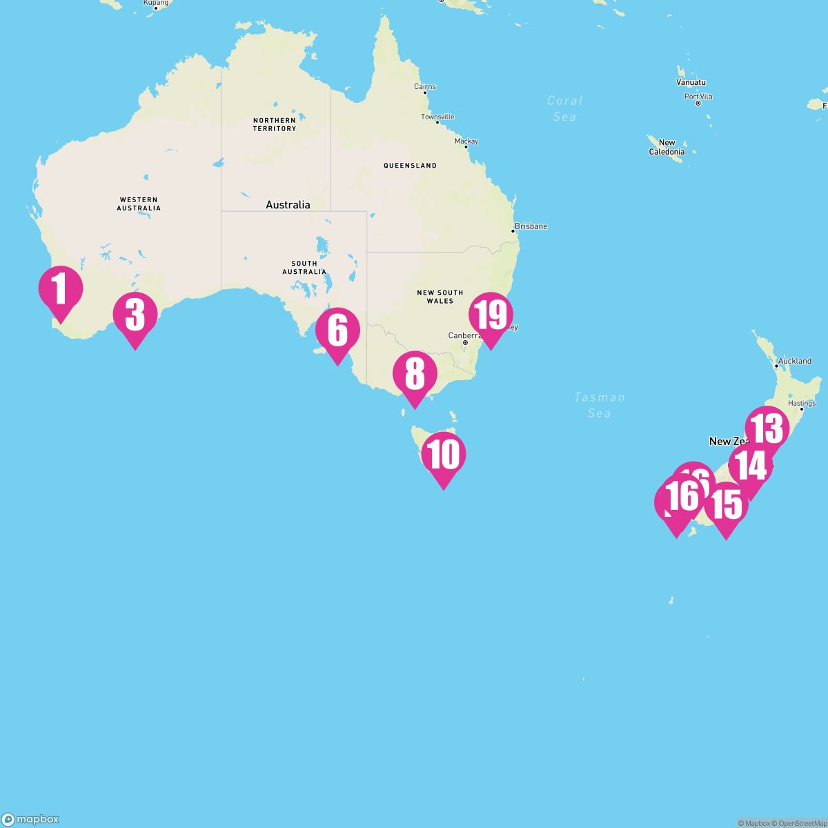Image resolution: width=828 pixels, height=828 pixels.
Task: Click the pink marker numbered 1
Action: [60, 290]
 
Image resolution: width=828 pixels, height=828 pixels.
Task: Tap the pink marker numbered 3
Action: [135, 315]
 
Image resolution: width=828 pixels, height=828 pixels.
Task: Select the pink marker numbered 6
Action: [337, 331]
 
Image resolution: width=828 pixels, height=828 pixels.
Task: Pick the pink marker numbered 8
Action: [415, 375]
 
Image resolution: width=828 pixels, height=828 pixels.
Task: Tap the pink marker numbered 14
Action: [751, 466]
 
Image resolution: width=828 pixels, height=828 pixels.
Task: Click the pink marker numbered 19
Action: [491, 315]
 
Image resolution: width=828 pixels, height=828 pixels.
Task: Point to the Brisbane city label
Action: [531, 226]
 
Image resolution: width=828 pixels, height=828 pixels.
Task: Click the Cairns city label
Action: [425, 87]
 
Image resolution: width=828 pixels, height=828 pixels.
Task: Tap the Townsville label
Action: [437, 117]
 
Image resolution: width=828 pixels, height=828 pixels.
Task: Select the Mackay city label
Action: [466, 141]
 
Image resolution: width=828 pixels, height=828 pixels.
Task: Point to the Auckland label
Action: [794, 361]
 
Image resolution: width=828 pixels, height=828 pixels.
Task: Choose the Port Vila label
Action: [698, 97]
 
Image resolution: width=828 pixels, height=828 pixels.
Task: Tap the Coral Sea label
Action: [564, 108]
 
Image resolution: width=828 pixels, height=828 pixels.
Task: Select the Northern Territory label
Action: [274, 124]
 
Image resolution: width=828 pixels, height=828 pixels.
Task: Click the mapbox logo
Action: [30, 819]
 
